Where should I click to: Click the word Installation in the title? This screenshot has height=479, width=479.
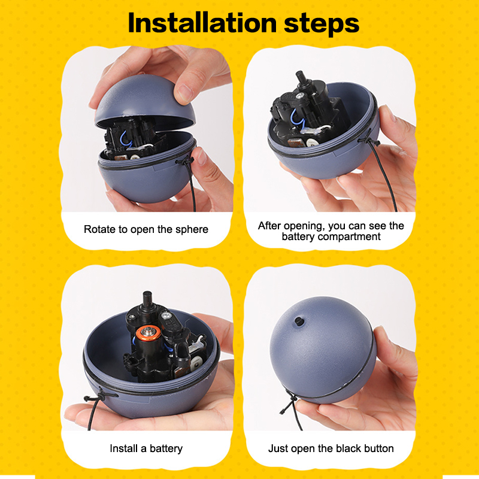point(202,23)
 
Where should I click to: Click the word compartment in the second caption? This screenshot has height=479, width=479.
point(349,237)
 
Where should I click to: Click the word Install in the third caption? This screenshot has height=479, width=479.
point(124,448)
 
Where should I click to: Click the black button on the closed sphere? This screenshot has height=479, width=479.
point(298,321)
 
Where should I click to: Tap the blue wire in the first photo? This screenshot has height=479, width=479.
point(126,138)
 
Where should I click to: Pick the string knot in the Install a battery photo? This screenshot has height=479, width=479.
point(97,397)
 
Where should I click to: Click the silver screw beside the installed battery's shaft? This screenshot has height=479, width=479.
point(166,314)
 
